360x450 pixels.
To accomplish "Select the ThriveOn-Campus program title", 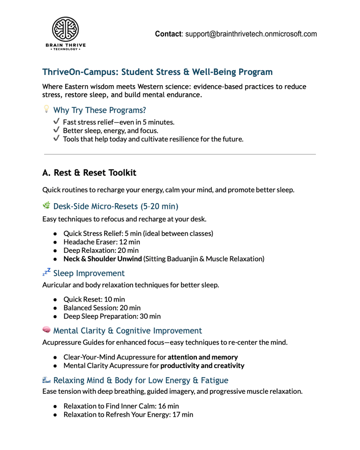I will (x=157, y=72).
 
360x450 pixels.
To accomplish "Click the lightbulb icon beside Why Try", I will (x=46, y=110).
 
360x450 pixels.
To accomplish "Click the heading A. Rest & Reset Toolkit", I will (x=89, y=173).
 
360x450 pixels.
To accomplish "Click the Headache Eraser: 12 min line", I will (x=101, y=242).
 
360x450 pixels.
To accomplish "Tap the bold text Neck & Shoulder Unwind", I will (x=102, y=258).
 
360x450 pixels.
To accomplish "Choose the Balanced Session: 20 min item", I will (x=102, y=308).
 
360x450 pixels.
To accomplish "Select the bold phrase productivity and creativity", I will (x=202, y=365).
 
